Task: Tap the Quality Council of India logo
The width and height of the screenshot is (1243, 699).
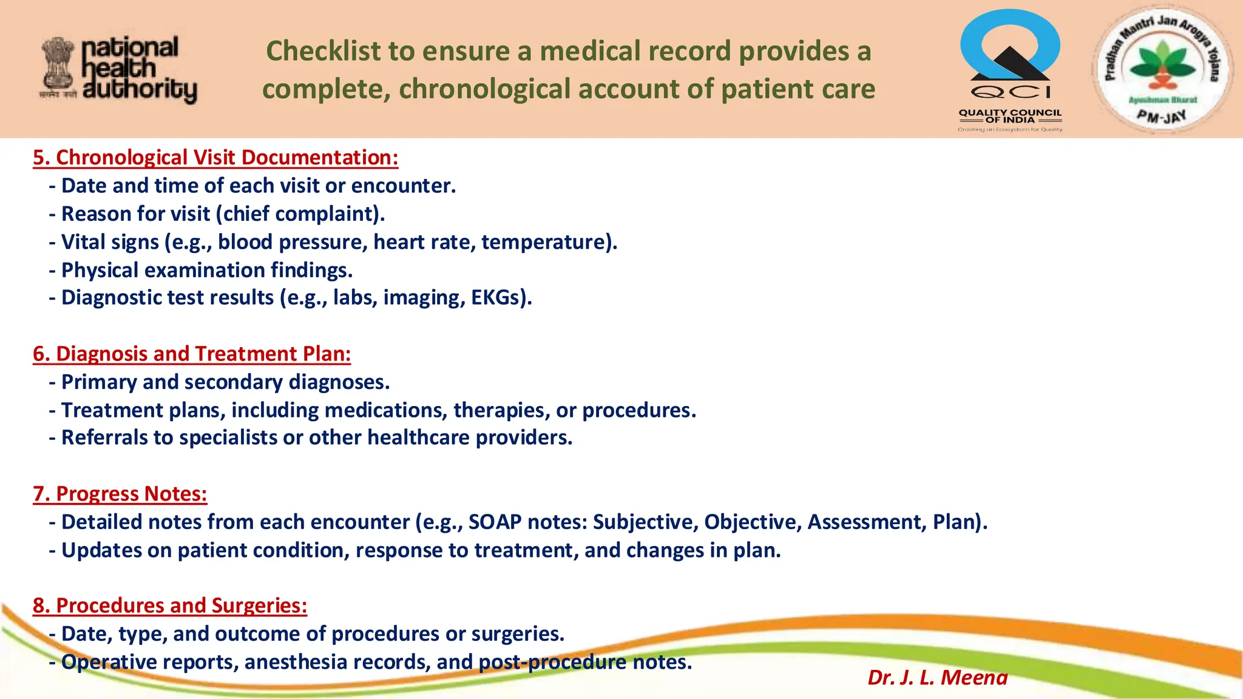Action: pyautogui.click(x=1010, y=70)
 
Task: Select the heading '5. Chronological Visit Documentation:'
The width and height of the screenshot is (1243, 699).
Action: pyautogui.click(x=215, y=158)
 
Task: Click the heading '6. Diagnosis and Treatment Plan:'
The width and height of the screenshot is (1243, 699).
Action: pyautogui.click(x=192, y=354)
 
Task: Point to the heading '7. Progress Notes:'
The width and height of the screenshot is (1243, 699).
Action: pyautogui.click(x=120, y=494)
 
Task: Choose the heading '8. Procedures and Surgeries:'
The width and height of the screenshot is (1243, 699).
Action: pyautogui.click(x=170, y=606)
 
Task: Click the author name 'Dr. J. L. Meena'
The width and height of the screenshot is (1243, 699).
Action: pyautogui.click(x=937, y=677)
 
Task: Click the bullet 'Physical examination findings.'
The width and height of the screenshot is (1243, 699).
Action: pyautogui.click(x=206, y=270)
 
